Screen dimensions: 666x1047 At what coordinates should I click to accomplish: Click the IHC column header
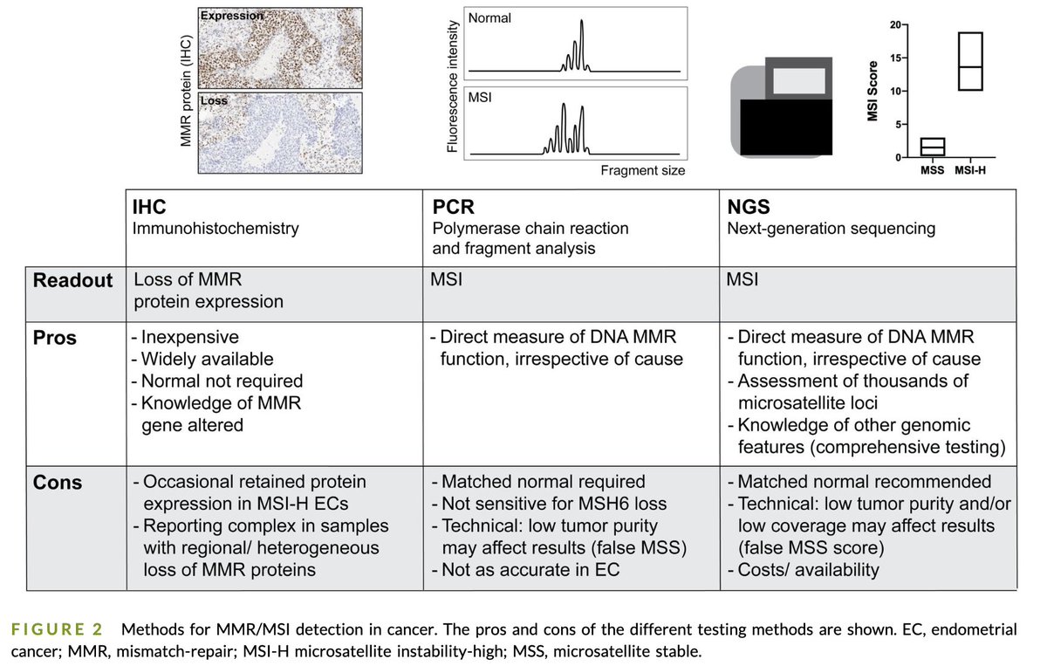tap(149, 208)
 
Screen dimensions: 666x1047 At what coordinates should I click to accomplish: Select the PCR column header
tap(452, 208)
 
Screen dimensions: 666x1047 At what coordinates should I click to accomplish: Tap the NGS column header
tap(747, 208)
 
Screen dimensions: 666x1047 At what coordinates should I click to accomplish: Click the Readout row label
tap(73, 281)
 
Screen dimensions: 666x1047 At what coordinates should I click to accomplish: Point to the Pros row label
tap(55, 338)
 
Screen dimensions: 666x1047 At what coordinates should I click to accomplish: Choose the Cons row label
tap(57, 482)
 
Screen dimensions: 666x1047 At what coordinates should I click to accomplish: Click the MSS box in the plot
tap(932, 147)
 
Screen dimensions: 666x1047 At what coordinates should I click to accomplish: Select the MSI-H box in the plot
tap(970, 61)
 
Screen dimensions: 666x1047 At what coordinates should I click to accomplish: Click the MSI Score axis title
tap(871, 92)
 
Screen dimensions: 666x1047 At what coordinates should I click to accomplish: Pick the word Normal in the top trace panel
tap(489, 18)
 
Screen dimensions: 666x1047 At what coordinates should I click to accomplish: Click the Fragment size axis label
tap(642, 171)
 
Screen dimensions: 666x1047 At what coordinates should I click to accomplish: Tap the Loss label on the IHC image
tap(214, 100)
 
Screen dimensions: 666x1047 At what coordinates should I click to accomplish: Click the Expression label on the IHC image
tap(233, 15)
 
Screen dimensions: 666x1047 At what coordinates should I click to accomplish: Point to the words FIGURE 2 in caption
tap(54, 628)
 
